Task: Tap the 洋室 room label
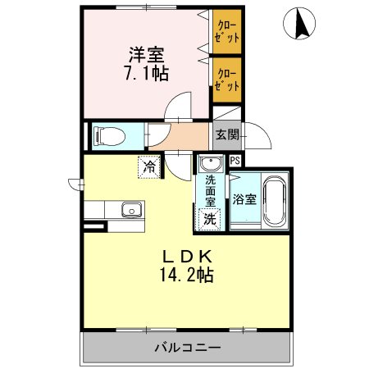point(145,56)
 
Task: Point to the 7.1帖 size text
point(145,75)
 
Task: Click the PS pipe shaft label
point(235,162)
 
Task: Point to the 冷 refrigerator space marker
point(149,166)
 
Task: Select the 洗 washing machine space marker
point(210,218)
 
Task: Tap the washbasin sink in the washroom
point(212,163)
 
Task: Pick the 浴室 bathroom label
point(244,198)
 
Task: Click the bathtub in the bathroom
point(275,200)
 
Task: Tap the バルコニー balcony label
point(187,348)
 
